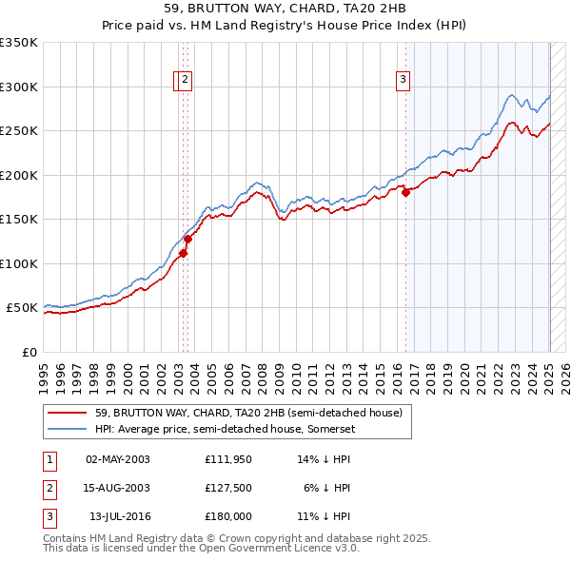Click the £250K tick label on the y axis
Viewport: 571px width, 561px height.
(19, 131)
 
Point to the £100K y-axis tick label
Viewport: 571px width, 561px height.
(19, 263)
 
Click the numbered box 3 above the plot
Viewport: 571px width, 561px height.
(404, 80)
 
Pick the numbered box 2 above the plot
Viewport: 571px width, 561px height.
(186, 80)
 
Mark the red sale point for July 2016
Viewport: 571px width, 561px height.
(405, 193)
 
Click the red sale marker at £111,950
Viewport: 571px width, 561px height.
(184, 253)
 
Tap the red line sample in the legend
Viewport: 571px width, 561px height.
(67, 413)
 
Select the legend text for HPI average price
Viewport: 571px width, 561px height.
(242, 429)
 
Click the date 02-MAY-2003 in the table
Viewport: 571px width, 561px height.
(118, 459)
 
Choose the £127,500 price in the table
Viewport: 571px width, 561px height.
(227, 488)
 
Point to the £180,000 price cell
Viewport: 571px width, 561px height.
(227, 516)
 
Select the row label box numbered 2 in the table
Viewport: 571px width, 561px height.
(49, 488)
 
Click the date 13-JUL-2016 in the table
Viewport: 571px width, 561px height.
(118, 516)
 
